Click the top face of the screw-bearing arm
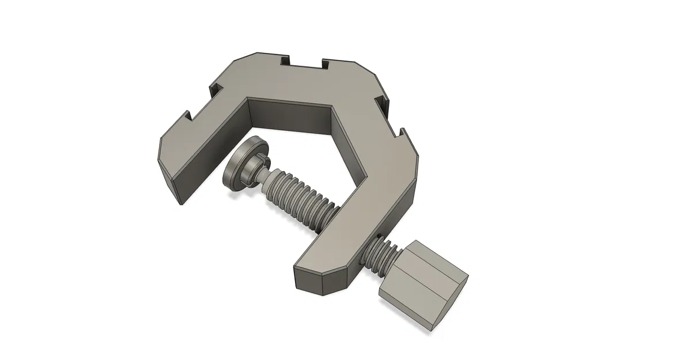tap(369, 207)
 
